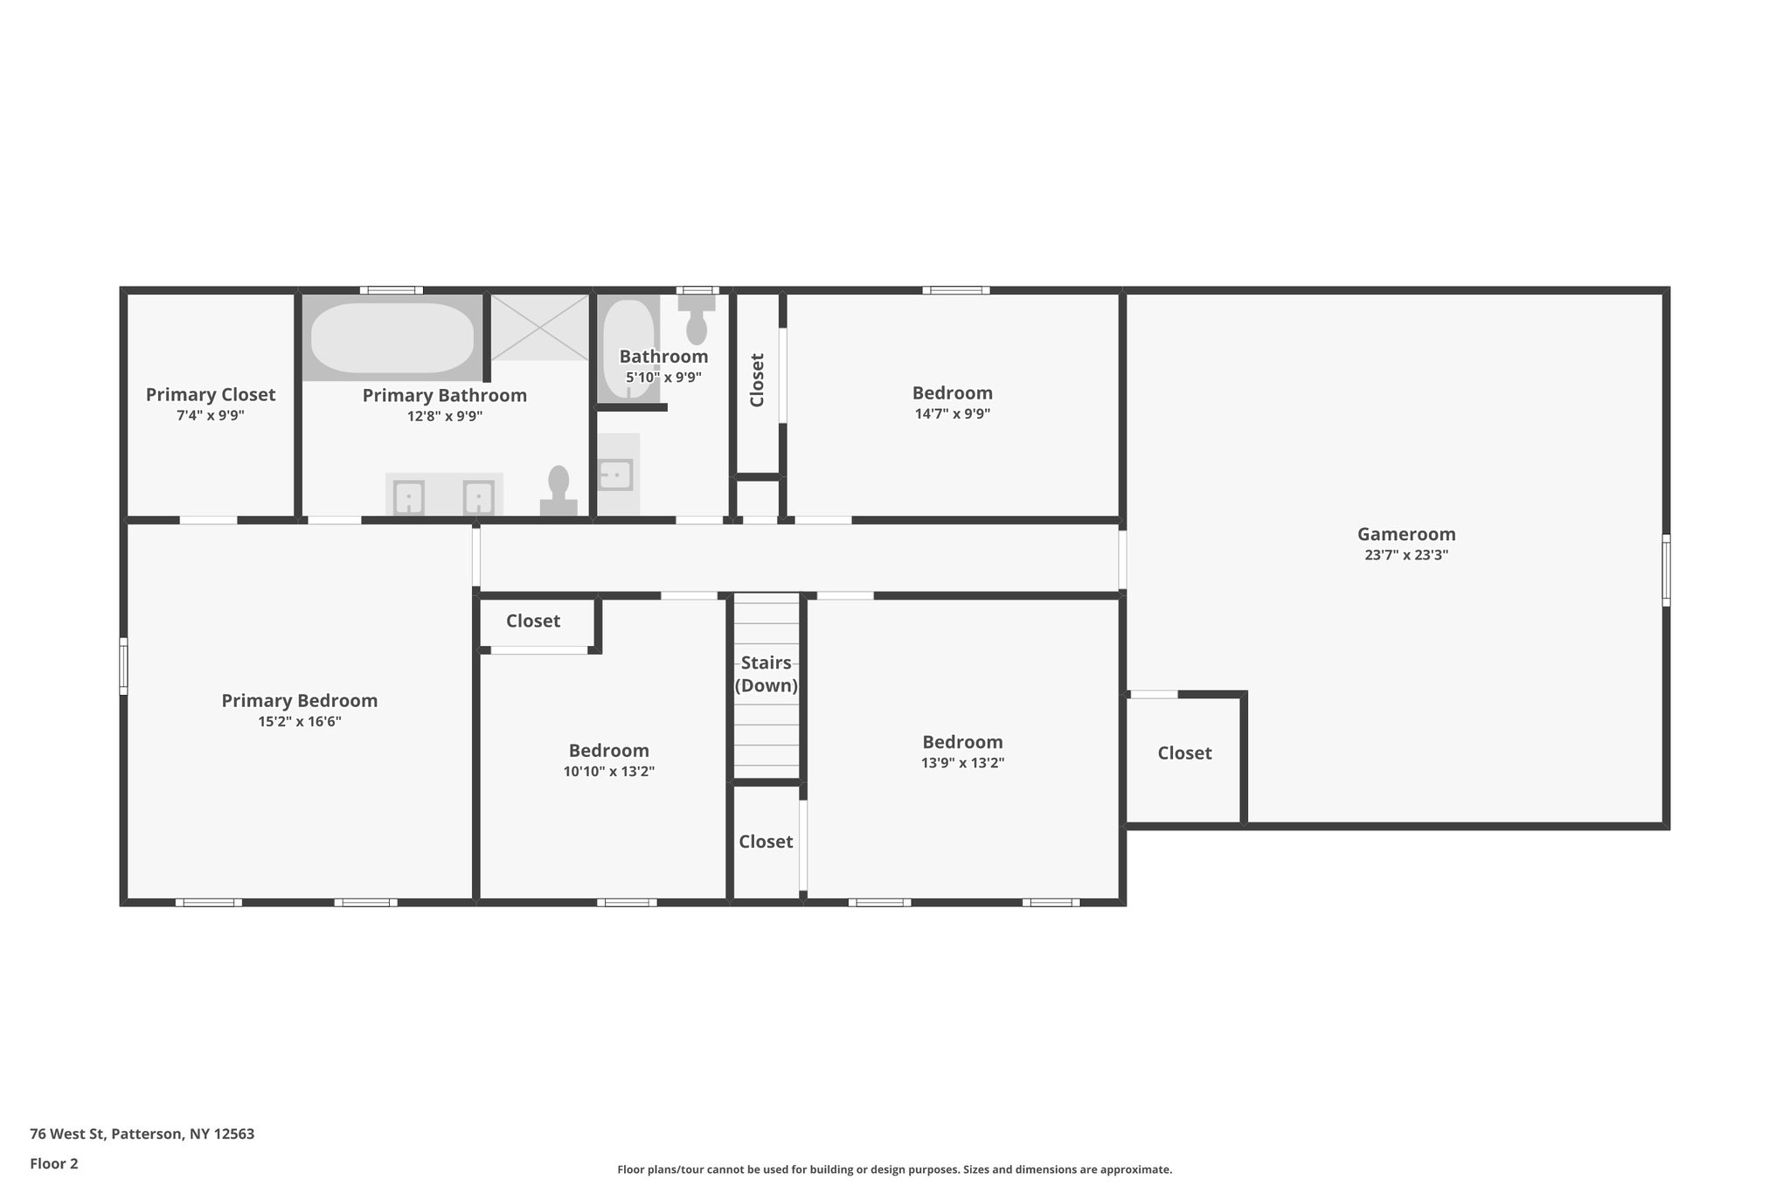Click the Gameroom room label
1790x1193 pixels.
pyautogui.click(x=1405, y=534)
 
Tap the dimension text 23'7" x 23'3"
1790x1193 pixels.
pyautogui.click(x=1405, y=555)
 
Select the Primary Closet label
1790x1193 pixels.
pyautogui.click(x=210, y=395)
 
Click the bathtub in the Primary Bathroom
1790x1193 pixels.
pyautogui.click(x=392, y=337)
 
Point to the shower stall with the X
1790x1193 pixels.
pyautogui.click(x=539, y=327)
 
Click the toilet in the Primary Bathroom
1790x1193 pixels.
pyautogui.click(x=559, y=491)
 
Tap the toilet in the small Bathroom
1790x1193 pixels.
pyautogui.click(x=697, y=320)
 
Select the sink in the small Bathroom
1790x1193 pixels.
pyautogui.click(x=615, y=475)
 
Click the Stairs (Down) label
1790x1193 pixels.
pyautogui.click(x=766, y=674)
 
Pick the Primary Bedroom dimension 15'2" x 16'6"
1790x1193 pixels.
pyautogui.click(x=299, y=722)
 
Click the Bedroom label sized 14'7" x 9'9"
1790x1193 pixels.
pyautogui.click(x=952, y=393)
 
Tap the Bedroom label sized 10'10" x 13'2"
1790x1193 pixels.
pyautogui.click(x=608, y=751)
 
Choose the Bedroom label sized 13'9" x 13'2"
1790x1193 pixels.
pyautogui.click(x=962, y=742)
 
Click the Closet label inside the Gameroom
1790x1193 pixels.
pyautogui.click(x=1184, y=753)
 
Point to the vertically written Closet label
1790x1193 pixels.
pyautogui.click(x=757, y=380)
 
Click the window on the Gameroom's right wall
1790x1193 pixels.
pyautogui.click(x=1666, y=570)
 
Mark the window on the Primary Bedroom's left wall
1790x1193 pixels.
pyautogui.click(x=123, y=666)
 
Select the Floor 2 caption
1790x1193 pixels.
pyautogui.click(x=54, y=1164)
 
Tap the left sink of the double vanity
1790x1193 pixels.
pyautogui.click(x=408, y=498)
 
